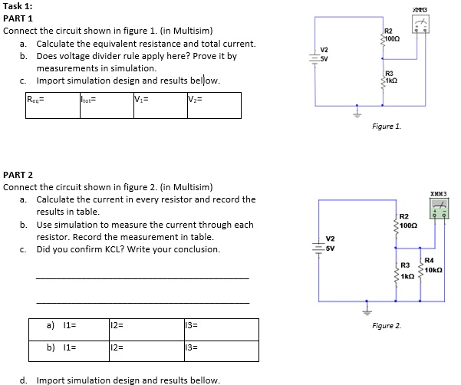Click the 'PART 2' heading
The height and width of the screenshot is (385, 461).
[18, 175]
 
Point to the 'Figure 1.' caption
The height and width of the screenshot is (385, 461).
[386, 126]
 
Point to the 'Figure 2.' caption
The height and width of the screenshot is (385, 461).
[387, 325]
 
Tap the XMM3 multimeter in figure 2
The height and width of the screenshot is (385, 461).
[440, 206]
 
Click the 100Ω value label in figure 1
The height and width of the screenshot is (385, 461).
[393, 38]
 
